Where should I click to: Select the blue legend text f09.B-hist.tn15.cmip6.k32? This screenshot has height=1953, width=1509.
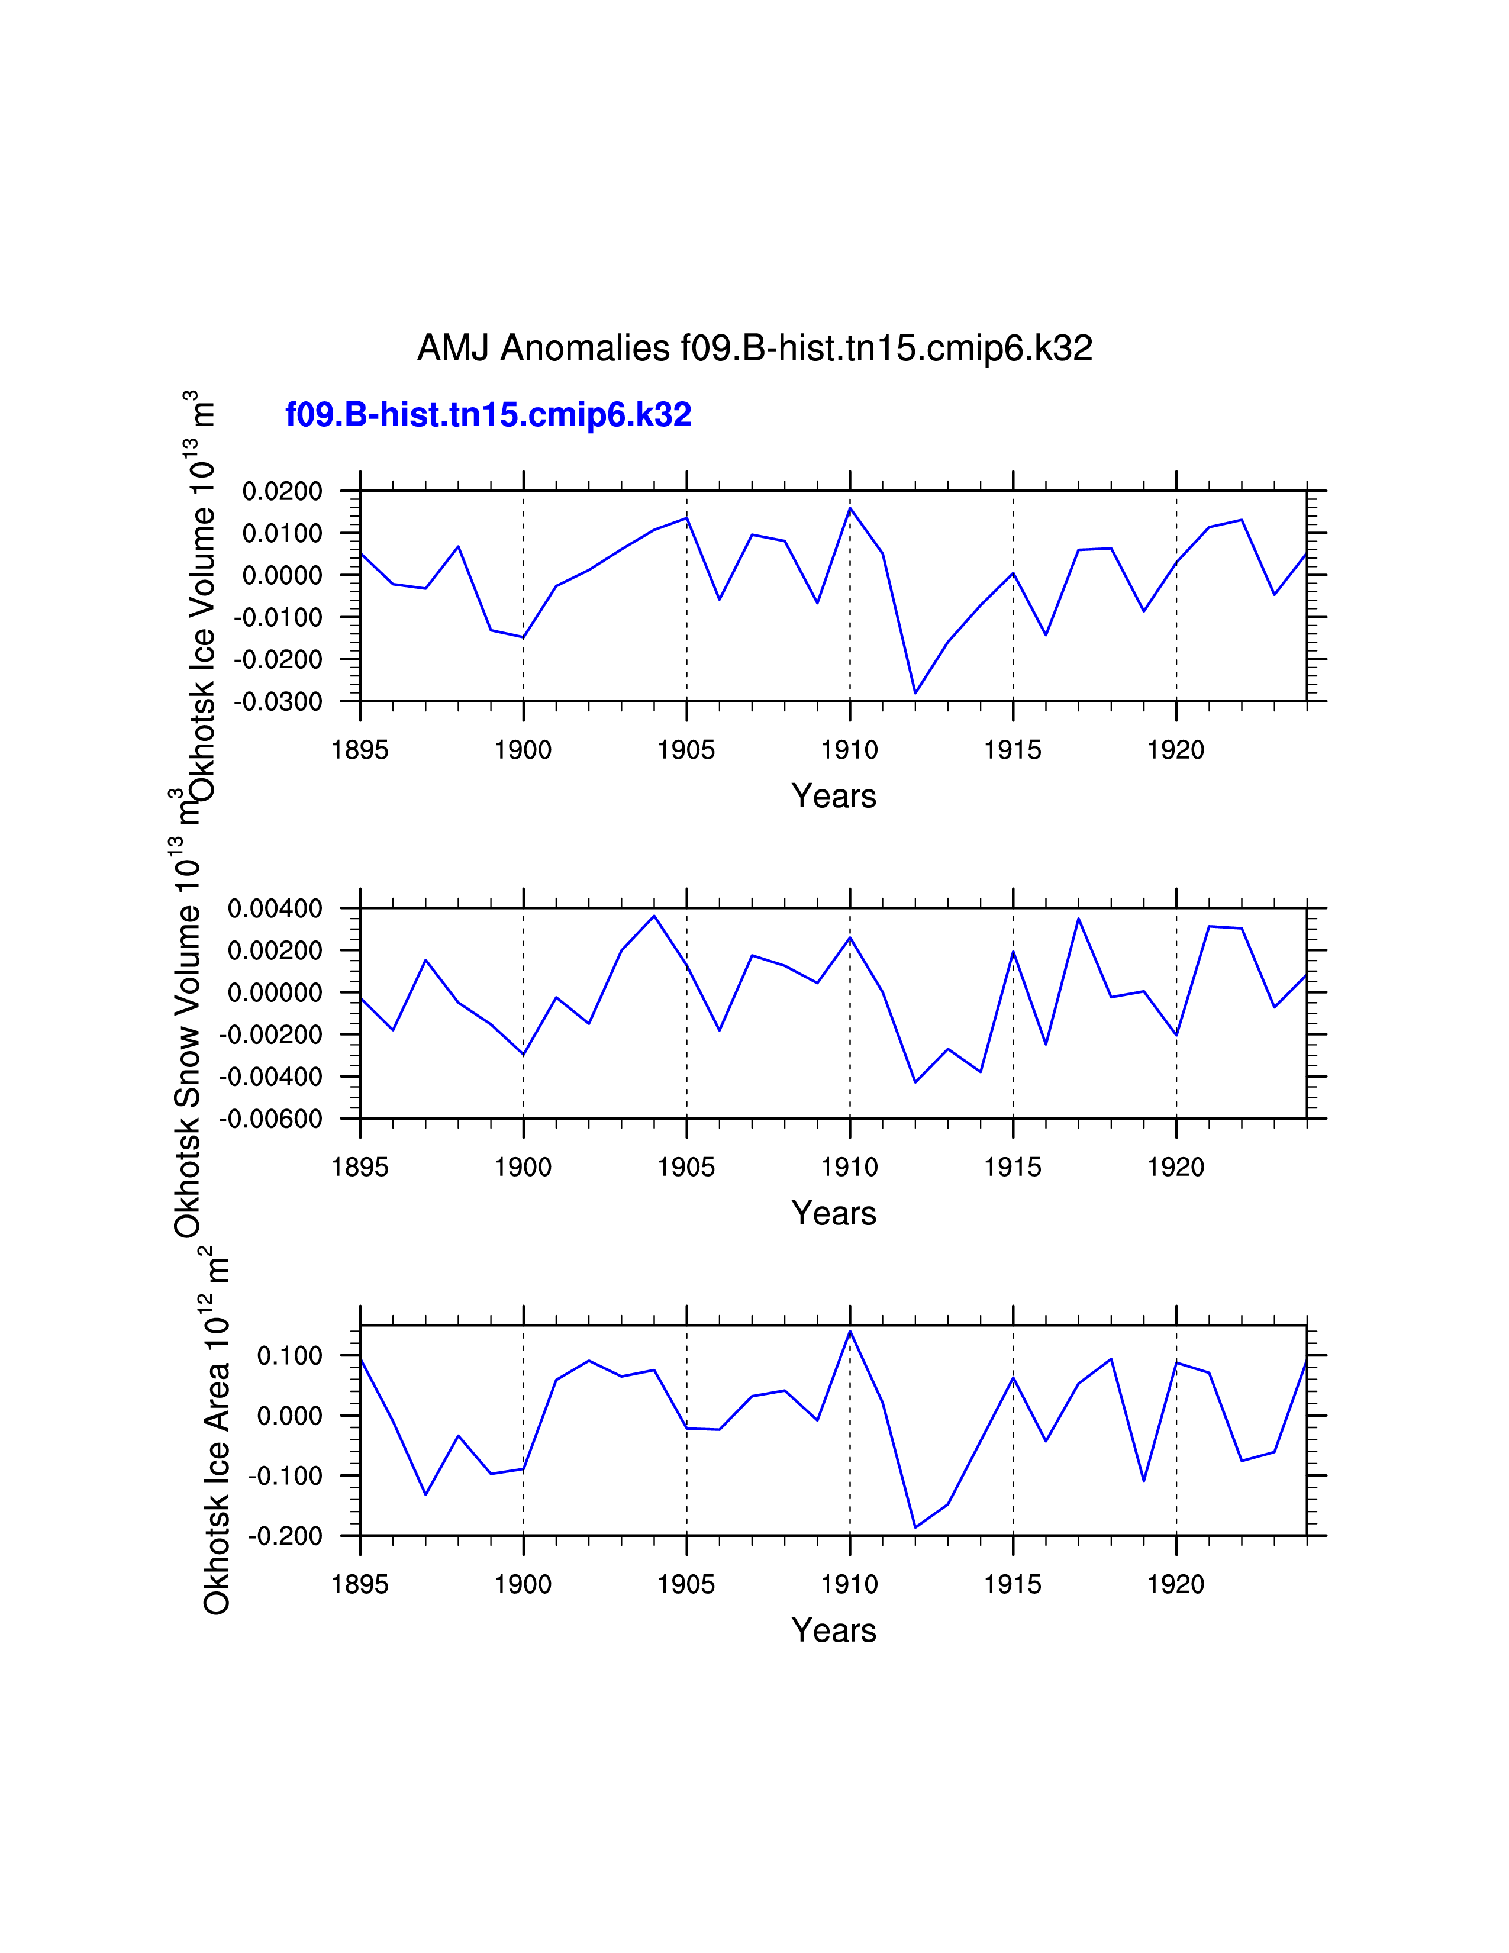(x=488, y=415)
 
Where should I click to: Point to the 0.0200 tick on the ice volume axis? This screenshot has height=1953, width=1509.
(x=282, y=491)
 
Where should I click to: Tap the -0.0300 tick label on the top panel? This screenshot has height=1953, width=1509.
(x=278, y=702)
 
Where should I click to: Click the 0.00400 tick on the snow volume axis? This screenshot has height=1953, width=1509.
(x=275, y=908)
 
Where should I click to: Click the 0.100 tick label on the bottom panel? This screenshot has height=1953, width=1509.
(x=289, y=1356)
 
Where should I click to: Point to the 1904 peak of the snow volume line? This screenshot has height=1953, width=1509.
(x=654, y=916)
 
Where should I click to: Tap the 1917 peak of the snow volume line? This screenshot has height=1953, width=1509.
(x=1079, y=919)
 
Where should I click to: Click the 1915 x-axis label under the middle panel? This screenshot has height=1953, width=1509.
(x=1013, y=1167)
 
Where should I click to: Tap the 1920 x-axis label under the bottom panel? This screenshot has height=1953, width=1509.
(x=1176, y=1584)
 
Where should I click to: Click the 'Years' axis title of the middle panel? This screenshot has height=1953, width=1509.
(x=833, y=1213)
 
